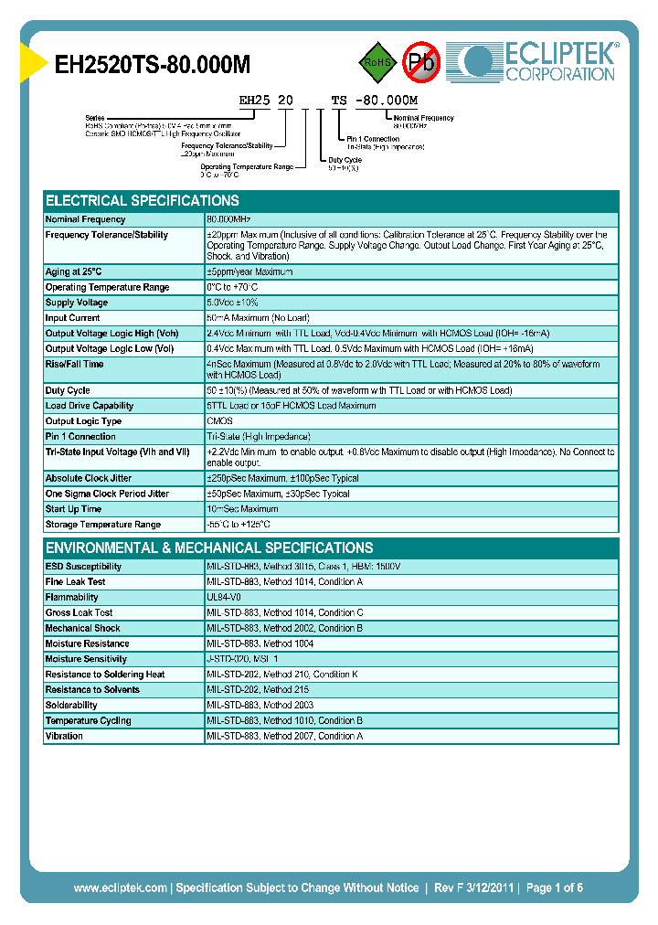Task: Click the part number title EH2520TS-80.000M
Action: (153, 65)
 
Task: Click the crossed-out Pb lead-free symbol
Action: (422, 62)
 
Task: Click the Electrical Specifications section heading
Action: (143, 200)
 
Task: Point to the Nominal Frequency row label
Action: (86, 219)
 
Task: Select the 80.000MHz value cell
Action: (228, 219)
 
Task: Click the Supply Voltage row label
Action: (77, 303)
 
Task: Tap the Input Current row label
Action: (73, 318)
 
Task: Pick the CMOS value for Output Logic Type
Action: (219, 421)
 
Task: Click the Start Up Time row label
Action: (73, 509)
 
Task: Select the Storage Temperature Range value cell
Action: (239, 525)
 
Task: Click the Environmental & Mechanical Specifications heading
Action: (209, 548)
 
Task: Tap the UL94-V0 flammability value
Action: (224, 597)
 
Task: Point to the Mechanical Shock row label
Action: (82, 628)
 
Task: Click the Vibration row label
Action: (64, 736)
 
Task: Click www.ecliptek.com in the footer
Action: (120, 888)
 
